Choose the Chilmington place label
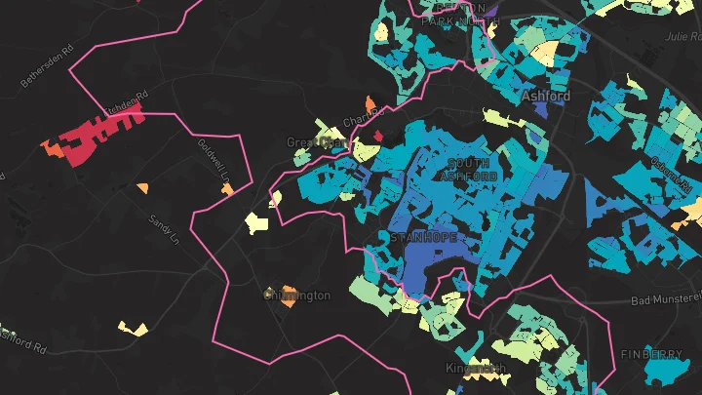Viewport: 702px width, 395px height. [x=297, y=295]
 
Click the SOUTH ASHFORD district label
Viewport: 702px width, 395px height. [x=468, y=169]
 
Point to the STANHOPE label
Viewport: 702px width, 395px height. [x=421, y=237]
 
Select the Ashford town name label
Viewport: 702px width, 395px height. [x=545, y=97]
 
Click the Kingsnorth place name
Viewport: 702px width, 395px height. [x=476, y=369]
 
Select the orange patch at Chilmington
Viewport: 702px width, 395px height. [x=288, y=302]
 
